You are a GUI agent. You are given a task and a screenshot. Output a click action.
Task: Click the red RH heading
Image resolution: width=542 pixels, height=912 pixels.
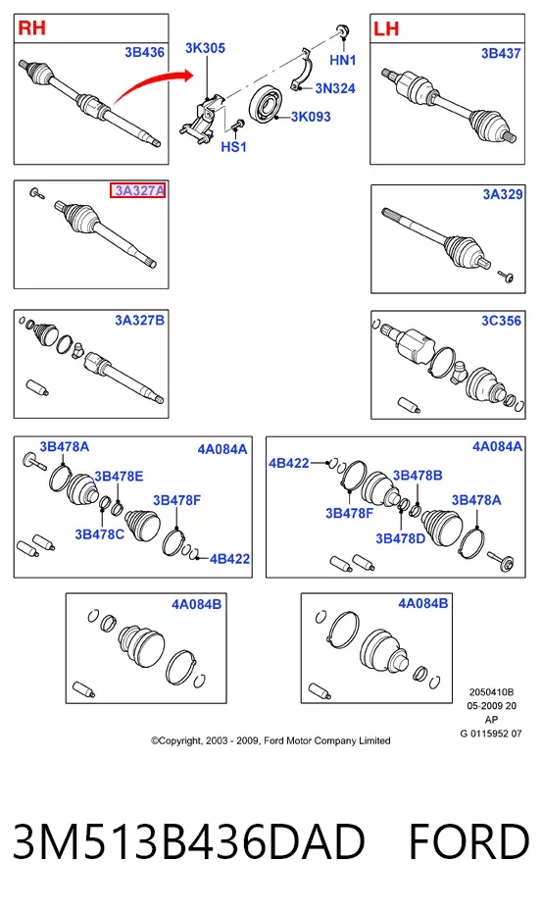(x=32, y=27)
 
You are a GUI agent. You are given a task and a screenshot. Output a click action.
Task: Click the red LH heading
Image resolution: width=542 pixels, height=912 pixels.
(x=386, y=28)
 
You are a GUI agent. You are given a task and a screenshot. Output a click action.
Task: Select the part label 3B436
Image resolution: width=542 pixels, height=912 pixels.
(x=144, y=52)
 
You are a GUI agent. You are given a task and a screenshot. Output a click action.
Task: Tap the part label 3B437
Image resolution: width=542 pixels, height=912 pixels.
(x=501, y=54)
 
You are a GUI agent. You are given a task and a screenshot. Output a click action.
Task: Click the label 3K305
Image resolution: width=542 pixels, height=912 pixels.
(x=205, y=48)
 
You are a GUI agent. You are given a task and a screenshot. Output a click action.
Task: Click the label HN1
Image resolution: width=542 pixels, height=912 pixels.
(x=342, y=60)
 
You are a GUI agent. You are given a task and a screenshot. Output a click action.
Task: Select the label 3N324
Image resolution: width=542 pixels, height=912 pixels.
(x=335, y=88)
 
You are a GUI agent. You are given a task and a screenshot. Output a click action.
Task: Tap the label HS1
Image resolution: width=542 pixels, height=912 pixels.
(x=234, y=147)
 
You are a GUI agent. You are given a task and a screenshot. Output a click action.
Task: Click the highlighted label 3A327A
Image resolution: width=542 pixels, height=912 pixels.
(x=138, y=190)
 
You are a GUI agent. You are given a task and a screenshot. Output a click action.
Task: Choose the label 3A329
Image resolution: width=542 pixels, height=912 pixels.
(x=503, y=194)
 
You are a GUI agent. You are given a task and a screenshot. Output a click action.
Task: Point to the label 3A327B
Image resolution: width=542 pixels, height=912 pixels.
(x=139, y=321)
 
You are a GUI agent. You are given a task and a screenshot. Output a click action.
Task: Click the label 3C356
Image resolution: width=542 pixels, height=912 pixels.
(x=501, y=321)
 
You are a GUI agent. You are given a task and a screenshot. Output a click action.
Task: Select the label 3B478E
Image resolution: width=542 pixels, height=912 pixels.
(x=119, y=477)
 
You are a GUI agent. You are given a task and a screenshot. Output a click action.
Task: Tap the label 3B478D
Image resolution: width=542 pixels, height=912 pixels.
(x=401, y=538)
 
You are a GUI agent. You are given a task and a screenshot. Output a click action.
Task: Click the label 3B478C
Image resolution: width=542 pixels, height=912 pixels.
(x=99, y=533)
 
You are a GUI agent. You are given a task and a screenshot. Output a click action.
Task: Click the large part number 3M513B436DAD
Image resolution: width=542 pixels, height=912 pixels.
(x=189, y=841)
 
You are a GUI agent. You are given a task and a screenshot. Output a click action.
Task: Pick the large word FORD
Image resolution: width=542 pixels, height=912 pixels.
(x=468, y=841)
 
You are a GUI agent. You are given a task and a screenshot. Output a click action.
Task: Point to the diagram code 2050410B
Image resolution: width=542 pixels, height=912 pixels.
(x=491, y=692)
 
